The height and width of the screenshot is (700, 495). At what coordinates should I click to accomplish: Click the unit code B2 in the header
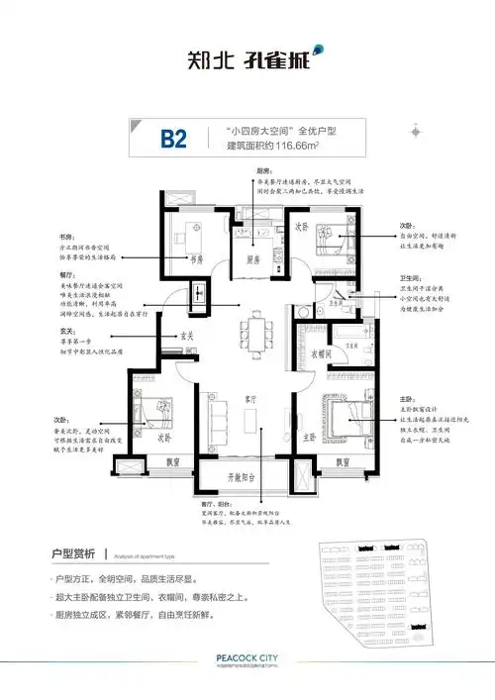pos(174,138)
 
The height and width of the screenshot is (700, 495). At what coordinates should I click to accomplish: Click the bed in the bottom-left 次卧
pos(153,415)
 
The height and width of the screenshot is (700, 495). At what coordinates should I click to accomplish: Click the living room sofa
pos(211,416)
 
